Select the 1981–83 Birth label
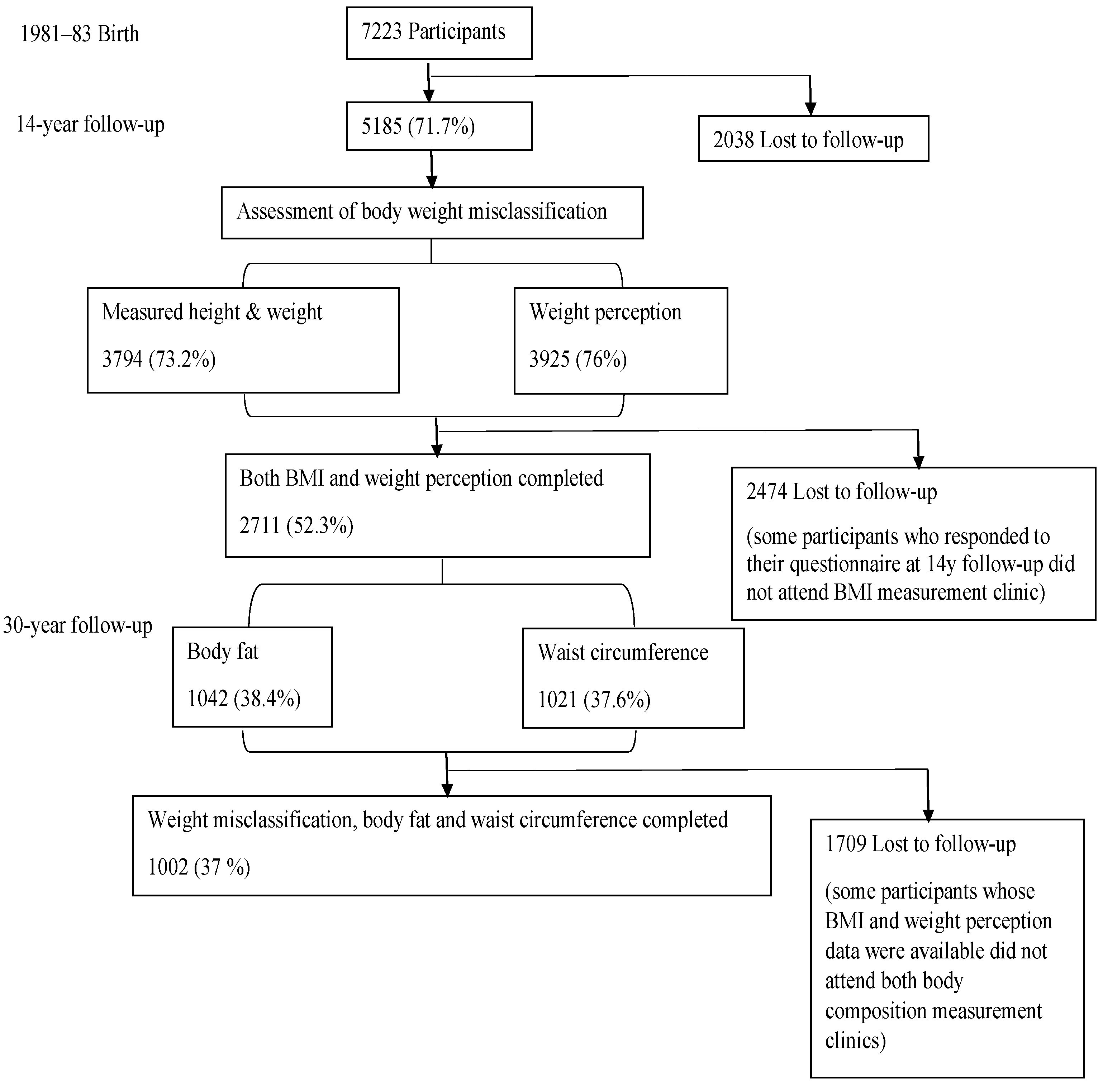79,34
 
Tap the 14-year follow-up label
90,124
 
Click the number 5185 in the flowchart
381,127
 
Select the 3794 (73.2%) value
158,359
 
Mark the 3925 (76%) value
578,359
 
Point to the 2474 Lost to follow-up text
841,492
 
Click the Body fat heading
222,651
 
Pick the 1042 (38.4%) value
243,699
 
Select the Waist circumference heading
622,653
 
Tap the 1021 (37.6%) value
594,700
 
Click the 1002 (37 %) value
199,867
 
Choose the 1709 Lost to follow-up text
920,844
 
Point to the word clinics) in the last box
855,1041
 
